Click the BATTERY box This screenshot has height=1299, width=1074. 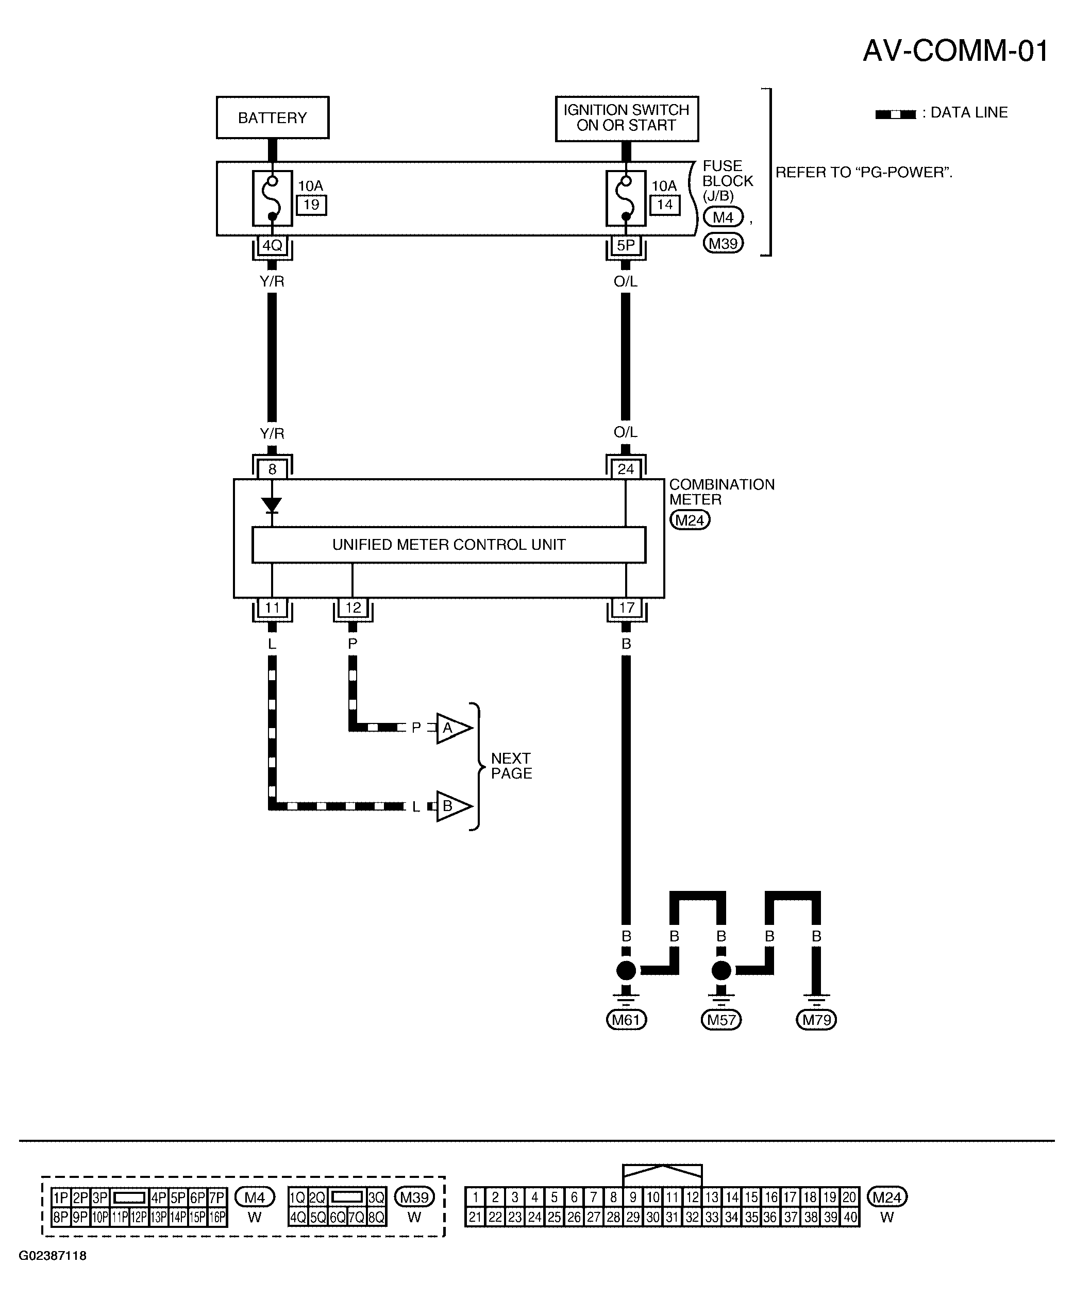tap(272, 117)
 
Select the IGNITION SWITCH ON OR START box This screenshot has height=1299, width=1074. tap(627, 118)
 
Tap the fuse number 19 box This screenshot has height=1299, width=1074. tap(311, 205)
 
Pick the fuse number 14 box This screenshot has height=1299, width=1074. tap(665, 205)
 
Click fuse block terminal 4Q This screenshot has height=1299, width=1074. tap(272, 246)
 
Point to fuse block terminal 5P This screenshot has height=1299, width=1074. tap(626, 246)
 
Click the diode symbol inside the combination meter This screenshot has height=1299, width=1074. tap(272, 505)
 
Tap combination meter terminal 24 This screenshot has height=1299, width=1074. tap(626, 469)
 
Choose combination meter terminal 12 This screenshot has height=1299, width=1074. tap(353, 608)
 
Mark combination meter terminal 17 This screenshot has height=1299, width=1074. tap(626, 608)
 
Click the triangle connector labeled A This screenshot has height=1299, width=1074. tap(454, 728)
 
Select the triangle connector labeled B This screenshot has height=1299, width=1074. tap(454, 806)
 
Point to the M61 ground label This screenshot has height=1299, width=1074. tap(626, 1019)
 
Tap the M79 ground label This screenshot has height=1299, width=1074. tap(817, 1019)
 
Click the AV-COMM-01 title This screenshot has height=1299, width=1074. tap(956, 50)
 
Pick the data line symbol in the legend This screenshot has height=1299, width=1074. tap(895, 114)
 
